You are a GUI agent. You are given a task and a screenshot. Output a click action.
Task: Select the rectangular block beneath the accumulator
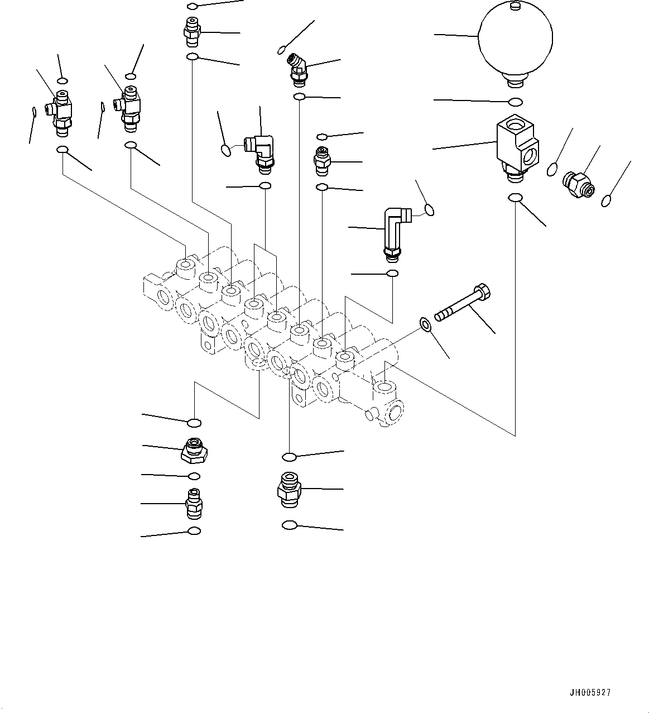[x=517, y=145]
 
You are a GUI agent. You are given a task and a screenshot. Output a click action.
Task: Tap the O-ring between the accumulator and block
[x=516, y=102]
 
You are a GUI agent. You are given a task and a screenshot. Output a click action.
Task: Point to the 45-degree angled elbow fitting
[x=297, y=68]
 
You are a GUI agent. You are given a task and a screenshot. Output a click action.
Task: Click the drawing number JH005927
[x=590, y=692]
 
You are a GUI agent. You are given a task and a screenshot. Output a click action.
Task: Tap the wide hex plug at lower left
[x=194, y=449]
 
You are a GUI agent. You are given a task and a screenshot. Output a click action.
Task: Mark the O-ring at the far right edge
[x=607, y=200]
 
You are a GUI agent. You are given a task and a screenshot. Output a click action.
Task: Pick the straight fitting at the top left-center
[x=192, y=32]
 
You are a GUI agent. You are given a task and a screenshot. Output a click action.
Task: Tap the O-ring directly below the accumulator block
[x=516, y=198]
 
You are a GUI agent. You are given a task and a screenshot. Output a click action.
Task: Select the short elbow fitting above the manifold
[x=260, y=150]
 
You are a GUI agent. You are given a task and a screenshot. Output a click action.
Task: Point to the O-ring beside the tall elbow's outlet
[x=429, y=210]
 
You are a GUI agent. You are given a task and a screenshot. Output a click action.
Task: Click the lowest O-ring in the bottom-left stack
[x=194, y=530]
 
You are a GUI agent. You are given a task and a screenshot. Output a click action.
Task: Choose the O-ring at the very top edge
[x=192, y=6]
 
